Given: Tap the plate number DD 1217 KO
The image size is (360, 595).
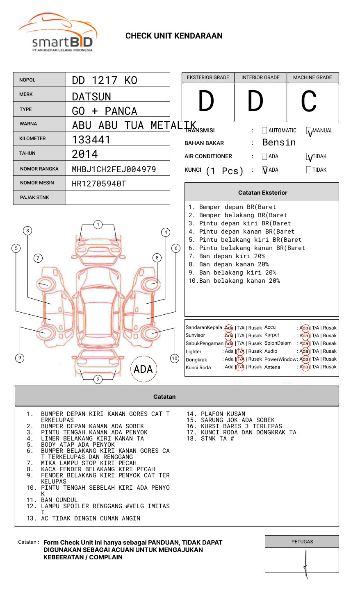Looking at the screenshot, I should click(105, 80).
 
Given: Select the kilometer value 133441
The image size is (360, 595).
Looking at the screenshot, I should click(91, 140).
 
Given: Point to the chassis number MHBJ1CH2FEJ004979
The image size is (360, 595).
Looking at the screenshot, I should click(114, 169).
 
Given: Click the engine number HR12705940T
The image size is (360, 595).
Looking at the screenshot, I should click(99, 184).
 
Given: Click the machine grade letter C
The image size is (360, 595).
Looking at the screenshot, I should click(309, 102).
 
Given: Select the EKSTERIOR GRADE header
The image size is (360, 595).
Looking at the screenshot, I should click(208, 77).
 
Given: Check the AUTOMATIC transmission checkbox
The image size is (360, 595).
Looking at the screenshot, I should click(264, 131).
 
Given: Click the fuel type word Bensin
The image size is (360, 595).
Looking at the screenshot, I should click(279, 143).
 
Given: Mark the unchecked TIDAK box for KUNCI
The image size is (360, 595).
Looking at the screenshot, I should click(309, 170).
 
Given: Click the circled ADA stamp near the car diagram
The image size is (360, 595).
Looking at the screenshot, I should click(143, 369).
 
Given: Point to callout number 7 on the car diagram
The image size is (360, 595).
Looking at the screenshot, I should click(38, 258).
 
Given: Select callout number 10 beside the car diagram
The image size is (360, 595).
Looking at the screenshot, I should click(175, 359).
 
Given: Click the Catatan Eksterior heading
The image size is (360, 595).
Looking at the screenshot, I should click(262, 193).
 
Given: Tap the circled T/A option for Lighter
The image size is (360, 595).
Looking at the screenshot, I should click(240, 351).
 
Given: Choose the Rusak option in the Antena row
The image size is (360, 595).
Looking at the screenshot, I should click(330, 367).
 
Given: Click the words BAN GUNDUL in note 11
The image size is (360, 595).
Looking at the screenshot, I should click(59, 500).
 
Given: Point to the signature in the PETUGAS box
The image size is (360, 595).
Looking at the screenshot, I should click(305, 563).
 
